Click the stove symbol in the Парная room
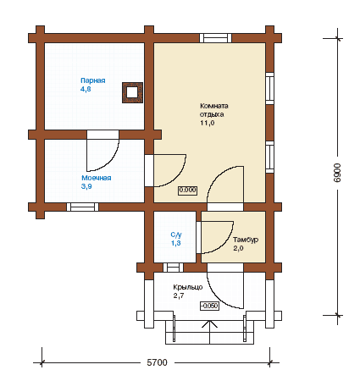(132, 92)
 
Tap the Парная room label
(93, 80)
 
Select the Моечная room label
(97, 178)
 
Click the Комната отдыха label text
(214, 110)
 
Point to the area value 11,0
(208, 123)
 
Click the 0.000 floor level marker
(187, 190)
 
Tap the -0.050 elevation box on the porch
(209, 306)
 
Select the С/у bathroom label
(176, 235)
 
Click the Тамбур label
(246, 240)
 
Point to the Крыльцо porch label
(188, 287)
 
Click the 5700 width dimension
(157, 362)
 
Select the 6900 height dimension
(337, 173)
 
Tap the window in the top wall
(216, 38)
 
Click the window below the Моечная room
(83, 207)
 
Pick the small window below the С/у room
(174, 268)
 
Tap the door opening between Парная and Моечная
(102, 135)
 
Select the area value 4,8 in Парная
(86, 89)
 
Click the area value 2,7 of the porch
(179, 295)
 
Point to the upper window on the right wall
(270, 88)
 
